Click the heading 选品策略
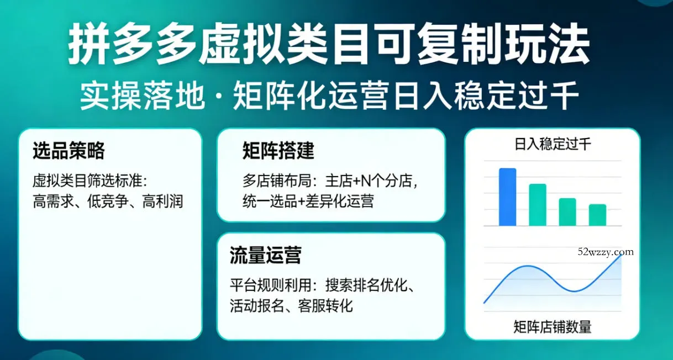[69, 150]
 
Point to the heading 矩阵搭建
[278, 150]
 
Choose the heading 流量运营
[265, 256]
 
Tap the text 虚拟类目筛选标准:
[92, 181]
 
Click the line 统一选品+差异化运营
[308, 201]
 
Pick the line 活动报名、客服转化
[291, 305]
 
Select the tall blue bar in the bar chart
[507, 197]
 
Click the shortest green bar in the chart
[597, 215]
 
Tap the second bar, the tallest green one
[538, 205]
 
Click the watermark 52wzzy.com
[606, 252]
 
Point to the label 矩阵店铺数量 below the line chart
[552, 327]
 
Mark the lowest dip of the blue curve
[575, 290]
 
